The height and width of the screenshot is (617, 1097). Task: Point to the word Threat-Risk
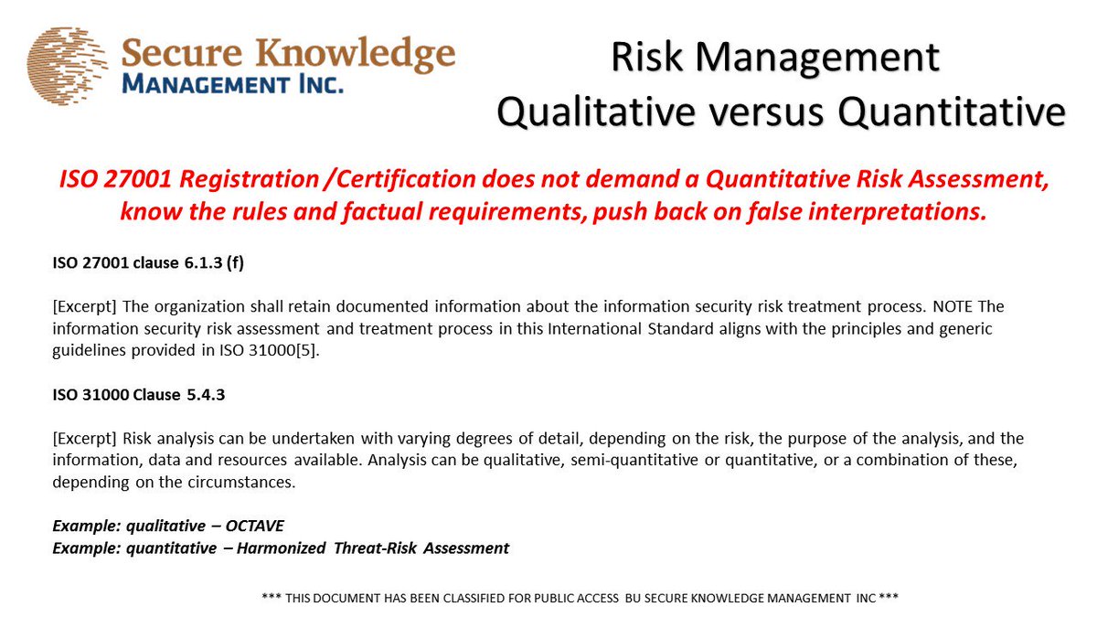[x=393, y=548]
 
